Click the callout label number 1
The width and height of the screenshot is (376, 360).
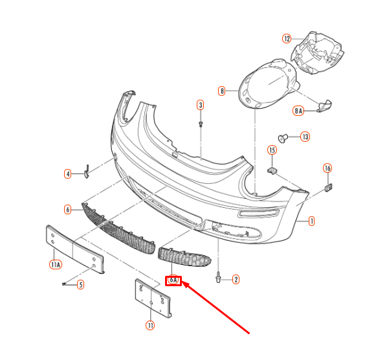pos(311,221)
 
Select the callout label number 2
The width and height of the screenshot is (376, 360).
pos(236,280)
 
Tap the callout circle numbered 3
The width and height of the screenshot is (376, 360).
pos(201,105)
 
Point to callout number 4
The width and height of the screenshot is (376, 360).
pos(67,174)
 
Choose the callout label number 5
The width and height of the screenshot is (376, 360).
pos(81,284)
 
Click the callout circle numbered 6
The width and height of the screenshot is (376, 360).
pos(67,209)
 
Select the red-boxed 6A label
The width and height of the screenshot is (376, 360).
pos(173,281)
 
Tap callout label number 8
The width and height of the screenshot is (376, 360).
pos(222,91)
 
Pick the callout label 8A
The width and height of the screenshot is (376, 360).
pos(298,111)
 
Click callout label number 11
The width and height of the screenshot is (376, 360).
pos(151,326)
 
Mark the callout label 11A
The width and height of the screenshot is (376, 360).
pos(55,264)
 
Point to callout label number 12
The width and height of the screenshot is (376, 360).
pos(287,38)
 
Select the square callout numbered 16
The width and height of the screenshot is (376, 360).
pos(327,168)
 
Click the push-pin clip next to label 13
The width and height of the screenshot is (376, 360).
pos(282,137)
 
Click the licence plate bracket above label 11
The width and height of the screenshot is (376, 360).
pos(154,298)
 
